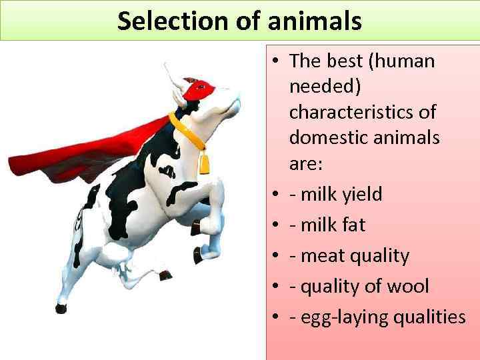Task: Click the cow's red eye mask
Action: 198,89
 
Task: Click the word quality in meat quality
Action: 381,256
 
